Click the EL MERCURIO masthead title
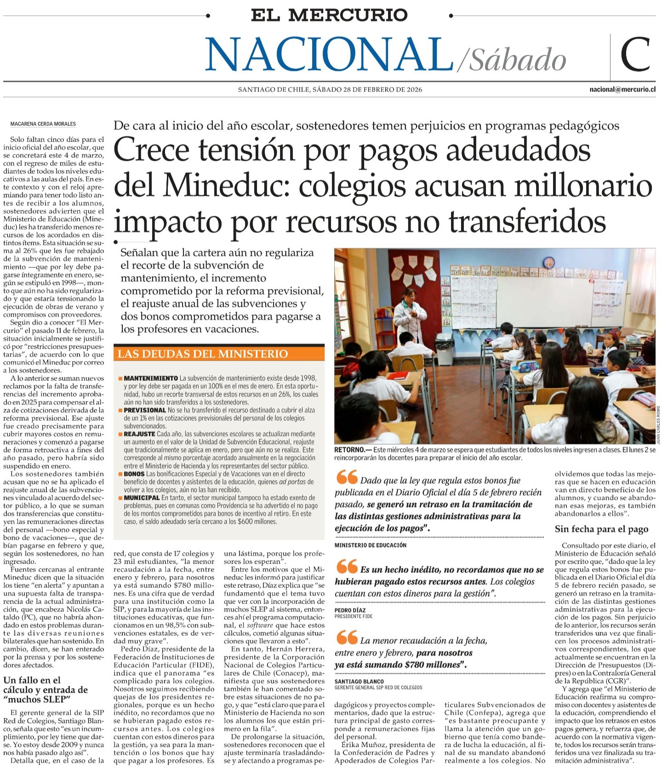[x=329, y=15]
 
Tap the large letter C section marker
[x=635, y=55]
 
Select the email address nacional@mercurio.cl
[x=622, y=90]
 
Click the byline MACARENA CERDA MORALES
[x=43, y=124]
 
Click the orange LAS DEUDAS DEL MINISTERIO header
[x=203, y=354]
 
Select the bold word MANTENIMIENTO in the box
[x=151, y=378]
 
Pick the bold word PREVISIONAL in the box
[x=145, y=410]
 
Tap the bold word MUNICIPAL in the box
[x=142, y=498]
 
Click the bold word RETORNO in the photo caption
[x=350, y=450]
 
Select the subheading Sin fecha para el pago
[x=601, y=529]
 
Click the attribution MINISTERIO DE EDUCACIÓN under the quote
[x=371, y=545]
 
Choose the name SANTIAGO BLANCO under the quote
[x=359, y=681]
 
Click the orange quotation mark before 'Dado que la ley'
[x=346, y=478]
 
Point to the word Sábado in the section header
[x=517, y=61]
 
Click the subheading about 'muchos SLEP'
[x=46, y=690]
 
